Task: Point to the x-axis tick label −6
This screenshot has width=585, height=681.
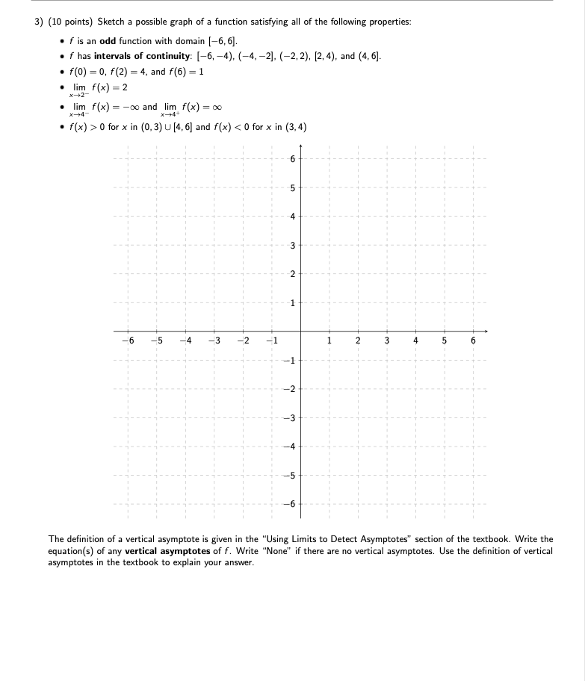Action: coord(126,342)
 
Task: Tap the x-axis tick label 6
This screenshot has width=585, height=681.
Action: coord(472,342)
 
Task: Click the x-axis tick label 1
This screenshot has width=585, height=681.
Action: coord(329,342)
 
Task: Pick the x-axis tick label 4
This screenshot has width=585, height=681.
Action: coord(415,342)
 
